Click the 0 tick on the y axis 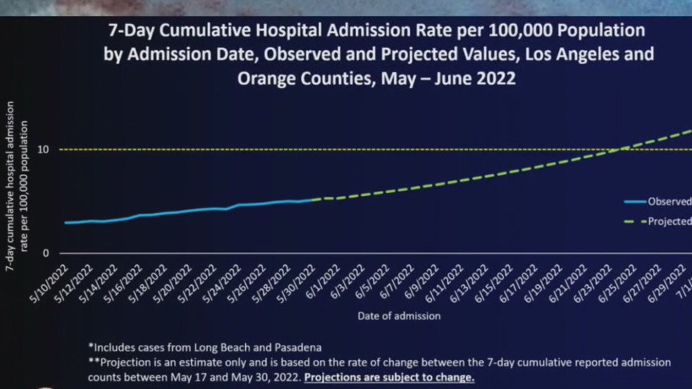[x=46, y=253]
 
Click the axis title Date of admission [x=398, y=316]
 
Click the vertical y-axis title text [x=17, y=186]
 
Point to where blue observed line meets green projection [x=310, y=200]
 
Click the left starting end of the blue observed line [x=66, y=223]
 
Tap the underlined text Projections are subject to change [x=389, y=377]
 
